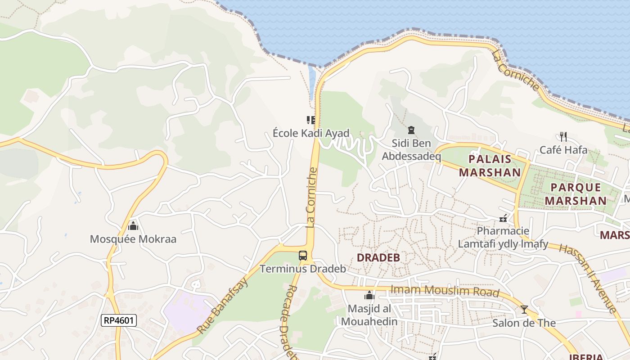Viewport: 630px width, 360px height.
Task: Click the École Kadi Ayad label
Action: tap(311, 133)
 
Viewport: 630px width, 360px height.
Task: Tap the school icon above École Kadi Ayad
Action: tap(311, 120)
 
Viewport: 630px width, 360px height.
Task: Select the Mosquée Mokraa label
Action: tap(133, 239)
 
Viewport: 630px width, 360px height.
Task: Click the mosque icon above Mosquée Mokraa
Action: tap(133, 225)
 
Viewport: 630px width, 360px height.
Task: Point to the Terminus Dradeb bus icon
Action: tap(303, 256)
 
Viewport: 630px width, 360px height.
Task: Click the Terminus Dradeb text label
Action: tap(303, 269)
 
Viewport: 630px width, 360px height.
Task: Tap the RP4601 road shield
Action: tap(119, 320)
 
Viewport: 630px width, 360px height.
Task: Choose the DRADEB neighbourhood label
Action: tap(378, 258)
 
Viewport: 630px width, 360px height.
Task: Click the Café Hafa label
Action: tap(563, 150)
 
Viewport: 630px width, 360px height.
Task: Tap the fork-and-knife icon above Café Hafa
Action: tap(563, 136)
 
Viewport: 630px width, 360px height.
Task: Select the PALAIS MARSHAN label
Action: tap(490, 166)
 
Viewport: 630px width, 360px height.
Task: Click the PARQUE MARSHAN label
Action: tap(576, 194)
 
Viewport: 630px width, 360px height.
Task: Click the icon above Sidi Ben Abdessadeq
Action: tap(411, 130)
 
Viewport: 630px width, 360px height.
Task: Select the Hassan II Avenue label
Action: tap(587, 279)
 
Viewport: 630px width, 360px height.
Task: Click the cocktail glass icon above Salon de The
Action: tap(524, 310)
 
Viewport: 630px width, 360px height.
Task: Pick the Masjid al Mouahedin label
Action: tap(369, 315)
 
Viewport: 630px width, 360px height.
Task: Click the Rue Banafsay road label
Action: tap(222, 306)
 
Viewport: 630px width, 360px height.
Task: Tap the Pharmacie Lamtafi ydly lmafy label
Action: tap(503, 238)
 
